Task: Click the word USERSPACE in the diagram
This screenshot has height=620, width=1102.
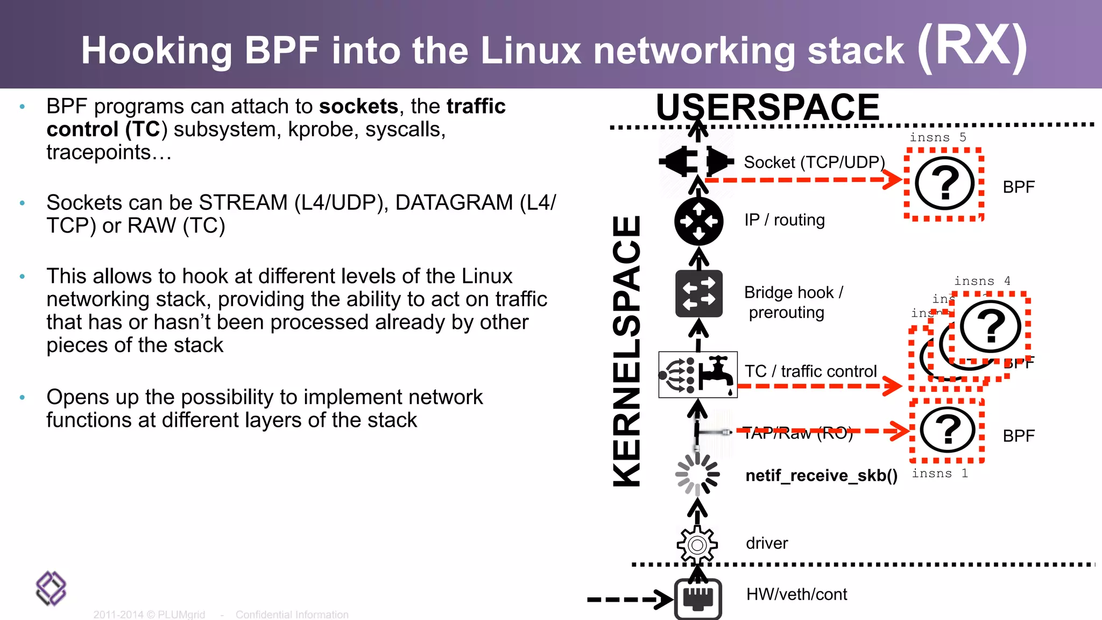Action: point(767,107)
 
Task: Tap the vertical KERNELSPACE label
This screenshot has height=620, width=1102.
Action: point(627,351)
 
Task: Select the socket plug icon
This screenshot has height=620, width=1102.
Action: point(697,161)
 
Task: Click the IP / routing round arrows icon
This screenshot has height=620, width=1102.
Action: point(698,221)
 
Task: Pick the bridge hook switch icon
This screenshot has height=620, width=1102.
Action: point(698,293)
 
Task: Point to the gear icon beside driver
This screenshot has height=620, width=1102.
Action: point(697,545)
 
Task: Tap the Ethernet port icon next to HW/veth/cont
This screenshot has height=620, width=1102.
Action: point(698,598)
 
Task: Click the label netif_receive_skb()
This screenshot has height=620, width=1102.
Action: point(821,476)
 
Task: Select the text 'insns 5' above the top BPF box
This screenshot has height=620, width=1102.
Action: point(937,138)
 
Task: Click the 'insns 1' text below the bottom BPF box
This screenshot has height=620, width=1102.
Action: point(939,474)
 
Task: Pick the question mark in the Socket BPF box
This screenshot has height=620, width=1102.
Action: point(945,183)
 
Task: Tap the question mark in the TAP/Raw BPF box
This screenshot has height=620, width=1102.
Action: point(948,430)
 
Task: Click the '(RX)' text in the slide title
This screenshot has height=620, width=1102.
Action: point(972,47)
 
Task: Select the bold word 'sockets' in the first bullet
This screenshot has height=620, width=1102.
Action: point(358,107)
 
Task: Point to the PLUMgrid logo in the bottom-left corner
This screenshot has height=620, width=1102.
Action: point(51,588)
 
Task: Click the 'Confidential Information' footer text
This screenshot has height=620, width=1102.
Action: point(292,615)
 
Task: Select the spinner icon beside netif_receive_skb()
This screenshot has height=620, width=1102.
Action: point(697,474)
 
